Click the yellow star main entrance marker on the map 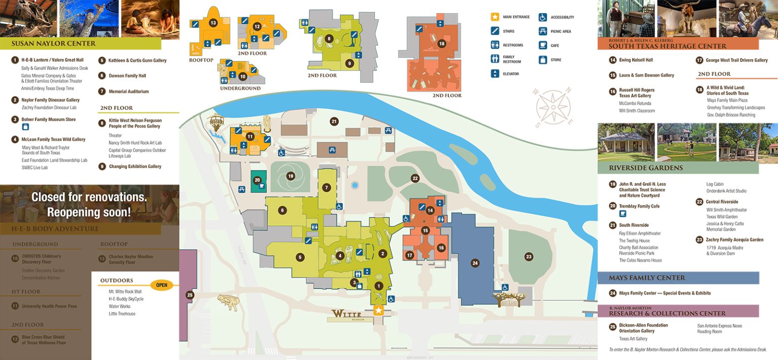(x=378, y=310)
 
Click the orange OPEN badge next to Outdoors (x=162, y=285)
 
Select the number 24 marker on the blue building (x=475, y=263)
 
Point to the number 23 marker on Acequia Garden (x=529, y=257)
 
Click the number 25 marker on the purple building (x=190, y=295)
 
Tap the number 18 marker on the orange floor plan (x=442, y=44)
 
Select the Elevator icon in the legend (x=495, y=74)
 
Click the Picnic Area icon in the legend (x=542, y=31)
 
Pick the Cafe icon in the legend (x=542, y=46)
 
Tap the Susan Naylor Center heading (x=53, y=44)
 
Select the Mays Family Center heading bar (x=678, y=278)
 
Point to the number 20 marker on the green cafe (x=257, y=180)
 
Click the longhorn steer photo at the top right (x=686, y=18)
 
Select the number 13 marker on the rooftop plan (x=213, y=23)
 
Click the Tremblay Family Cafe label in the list (x=639, y=206)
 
